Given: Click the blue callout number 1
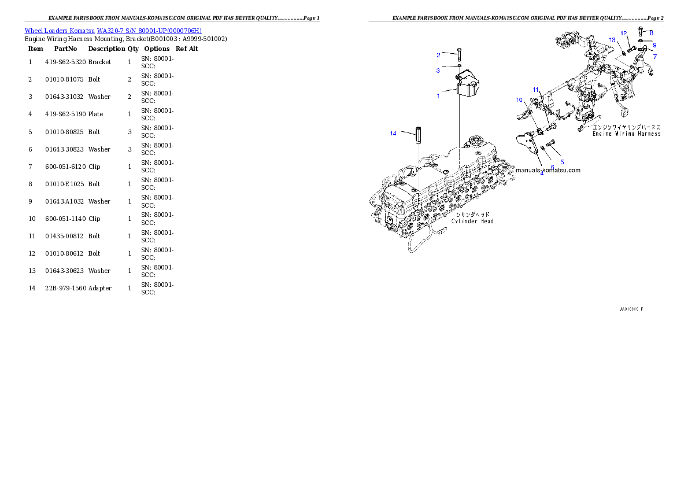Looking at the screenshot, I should pos(438,96).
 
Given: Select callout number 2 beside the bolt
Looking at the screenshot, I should pos(438,55).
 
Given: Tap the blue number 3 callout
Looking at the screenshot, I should pos(438,71).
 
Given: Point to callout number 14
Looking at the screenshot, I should pos(393,134).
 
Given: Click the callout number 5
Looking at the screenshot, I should pos(562,162).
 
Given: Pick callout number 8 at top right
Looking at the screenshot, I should pos(652,33).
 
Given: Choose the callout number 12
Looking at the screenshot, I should pos(624,34).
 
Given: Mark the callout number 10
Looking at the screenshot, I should pos(520,100).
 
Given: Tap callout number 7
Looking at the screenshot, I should pos(655,57).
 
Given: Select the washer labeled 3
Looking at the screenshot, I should pos(458,67).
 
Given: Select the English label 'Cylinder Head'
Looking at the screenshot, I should pos(472,221).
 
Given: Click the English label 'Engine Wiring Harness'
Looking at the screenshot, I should pos(626,134).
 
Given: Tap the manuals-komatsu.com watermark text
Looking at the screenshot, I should pos(548,170).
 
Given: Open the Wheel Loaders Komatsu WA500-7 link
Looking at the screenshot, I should pos(113,31).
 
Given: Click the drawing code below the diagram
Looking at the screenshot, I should pos(631,309).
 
